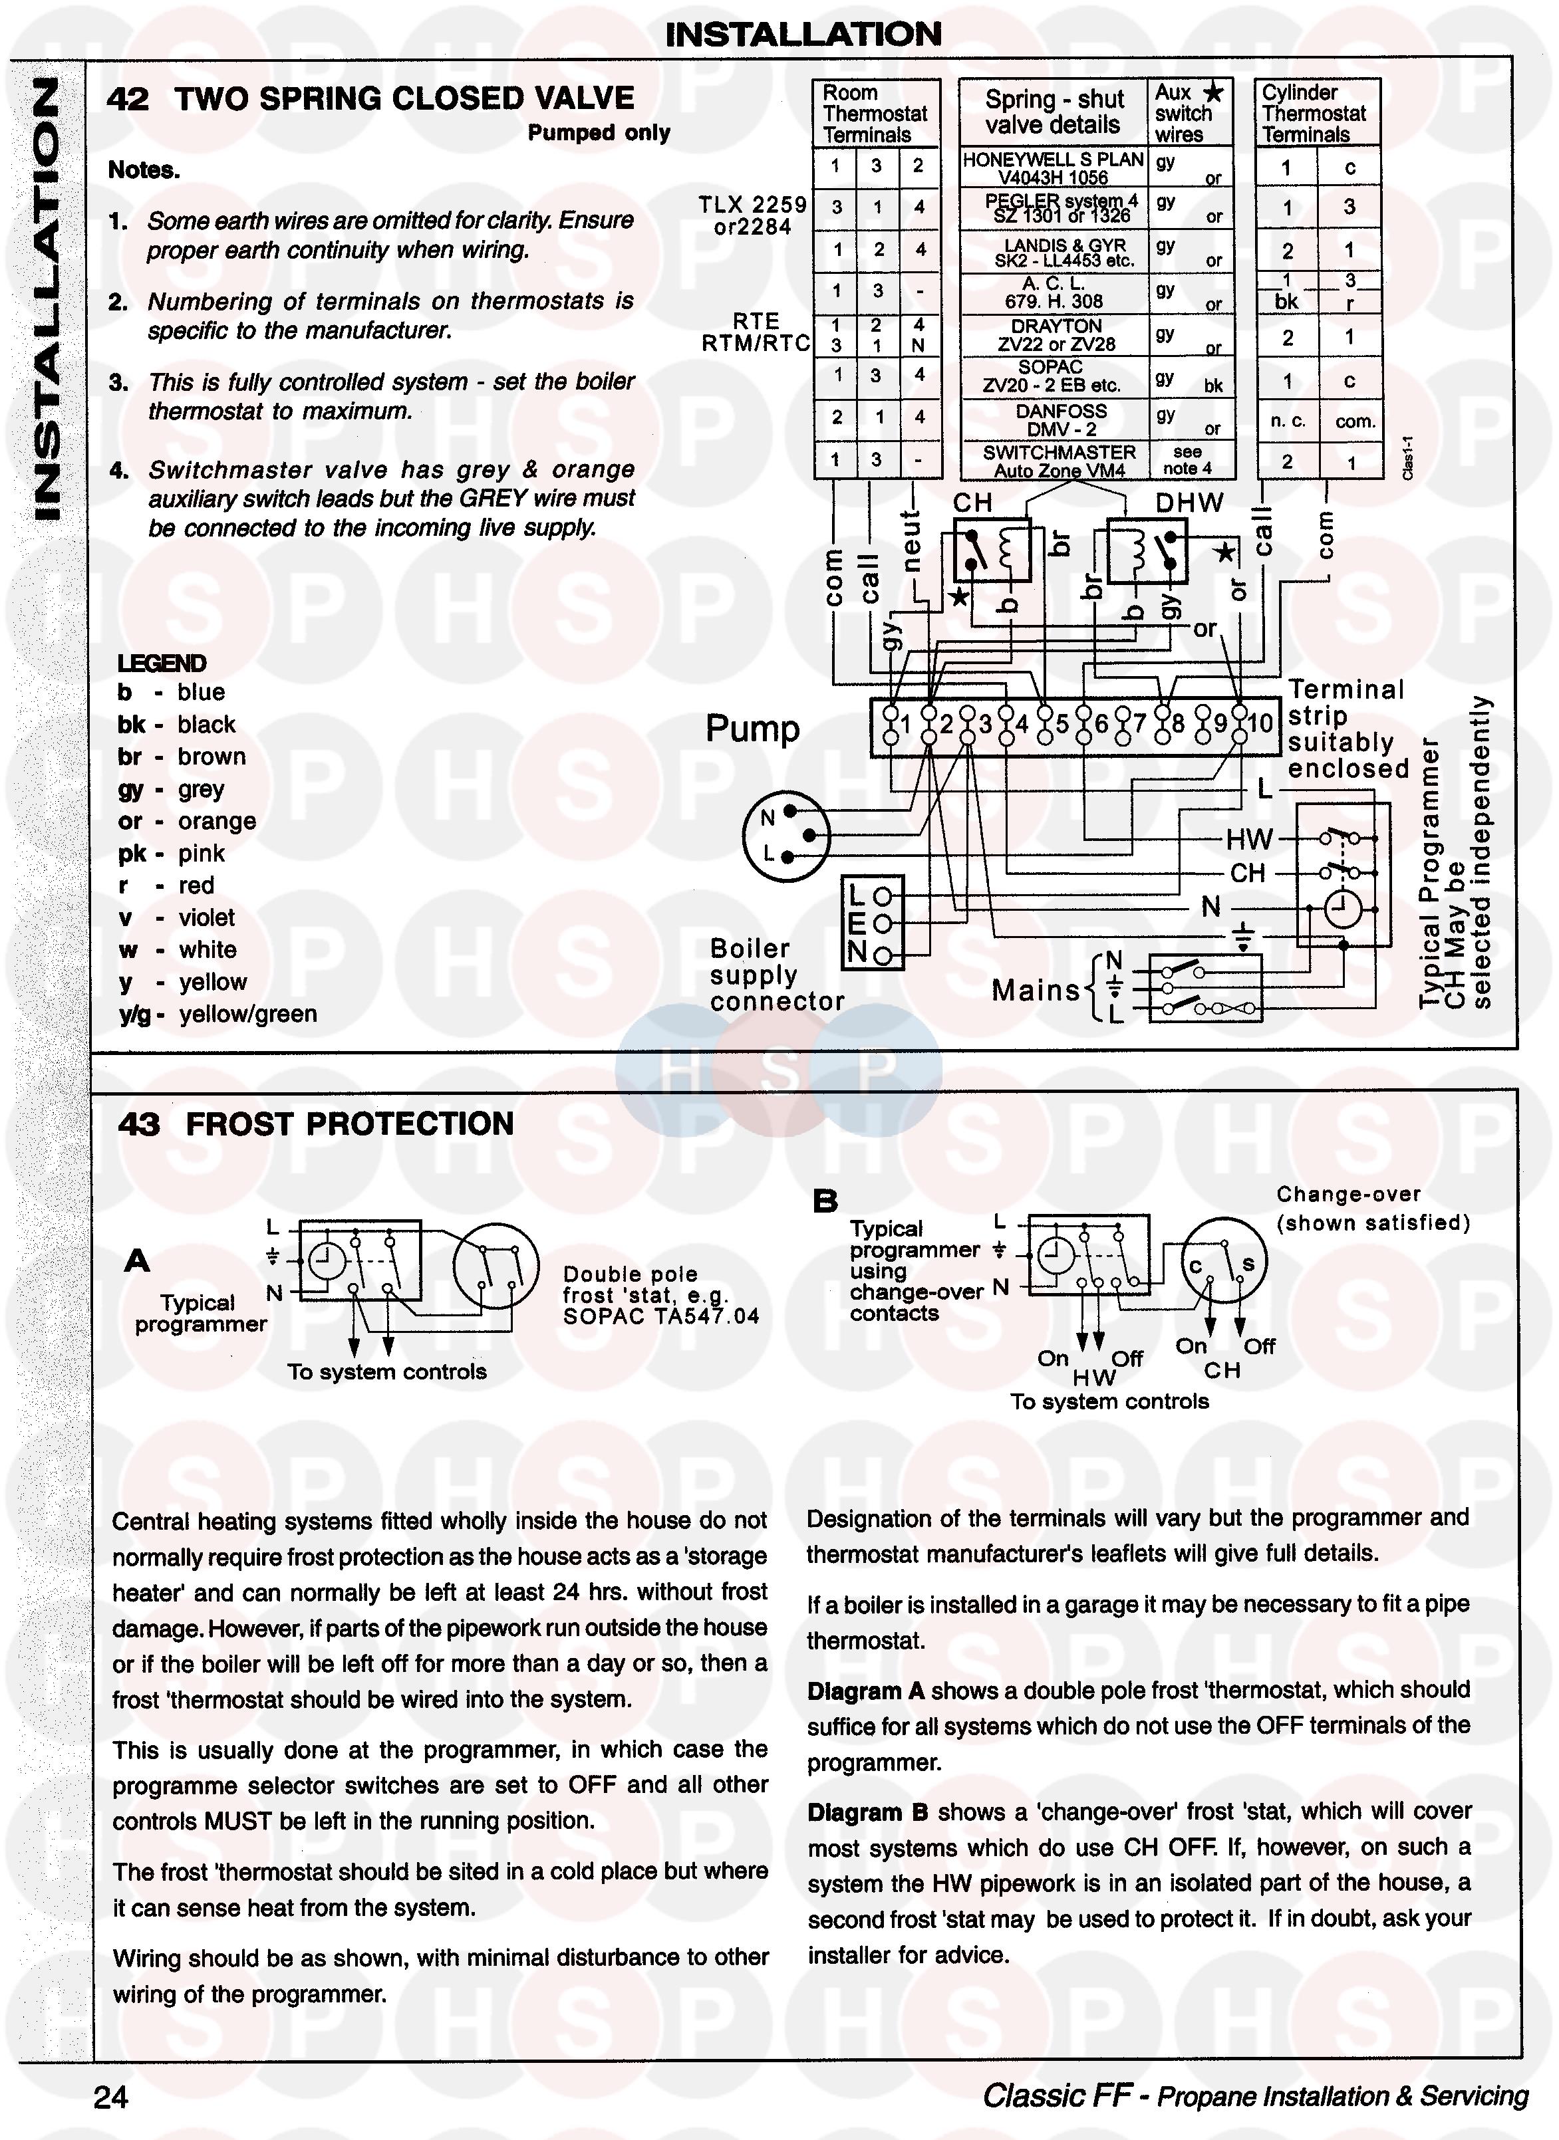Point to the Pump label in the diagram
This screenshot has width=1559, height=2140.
pyautogui.click(x=752, y=729)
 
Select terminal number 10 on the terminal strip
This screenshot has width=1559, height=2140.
pyautogui.click(x=1260, y=725)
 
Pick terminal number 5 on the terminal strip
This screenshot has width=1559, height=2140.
pyautogui.click(x=1062, y=725)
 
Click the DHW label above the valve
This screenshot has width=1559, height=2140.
pyautogui.click(x=1189, y=503)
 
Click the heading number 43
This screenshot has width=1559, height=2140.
pyautogui.click(x=139, y=1124)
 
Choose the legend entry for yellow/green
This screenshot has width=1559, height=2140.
pyautogui.click(x=217, y=1014)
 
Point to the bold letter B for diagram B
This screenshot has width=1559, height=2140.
pyautogui.click(x=825, y=1201)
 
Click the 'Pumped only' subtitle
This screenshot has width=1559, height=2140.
pyautogui.click(x=599, y=133)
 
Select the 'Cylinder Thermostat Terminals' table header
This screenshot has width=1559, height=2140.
pyautogui.click(x=1316, y=113)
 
